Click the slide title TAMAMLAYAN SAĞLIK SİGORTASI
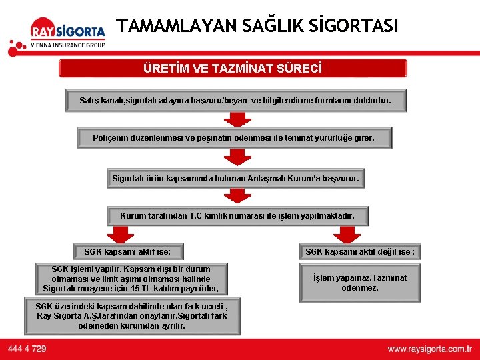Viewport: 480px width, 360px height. point(257,26)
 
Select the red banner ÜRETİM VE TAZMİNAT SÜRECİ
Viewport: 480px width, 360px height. point(233,68)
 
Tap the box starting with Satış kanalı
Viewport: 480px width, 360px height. point(236,101)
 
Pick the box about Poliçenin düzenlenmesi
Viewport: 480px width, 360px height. point(233,139)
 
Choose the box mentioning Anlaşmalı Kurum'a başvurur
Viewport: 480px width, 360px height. point(235,179)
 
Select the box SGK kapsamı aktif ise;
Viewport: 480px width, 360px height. point(127,252)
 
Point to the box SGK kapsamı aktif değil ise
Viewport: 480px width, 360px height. point(359,252)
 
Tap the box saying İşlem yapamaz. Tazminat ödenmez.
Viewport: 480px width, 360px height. point(360,283)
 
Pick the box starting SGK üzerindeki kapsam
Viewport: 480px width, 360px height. point(132,316)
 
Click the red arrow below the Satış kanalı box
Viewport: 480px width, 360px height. point(237,119)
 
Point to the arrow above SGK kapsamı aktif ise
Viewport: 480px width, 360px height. point(120,234)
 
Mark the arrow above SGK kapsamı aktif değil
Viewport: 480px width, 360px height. point(347,234)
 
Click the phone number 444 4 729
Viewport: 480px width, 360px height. point(27,349)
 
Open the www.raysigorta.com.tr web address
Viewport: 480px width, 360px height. point(429,349)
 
